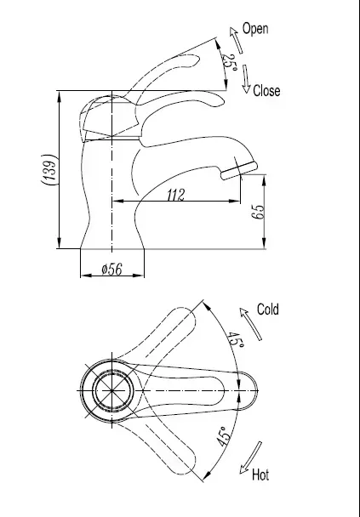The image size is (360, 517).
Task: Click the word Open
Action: (255, 29)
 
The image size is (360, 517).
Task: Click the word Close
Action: (266, 91)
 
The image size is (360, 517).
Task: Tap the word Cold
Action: (267, 310)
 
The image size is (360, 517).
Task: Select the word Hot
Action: (260, 474)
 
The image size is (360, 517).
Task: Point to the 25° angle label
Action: (230, 63)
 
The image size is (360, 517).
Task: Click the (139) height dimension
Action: (49, 170)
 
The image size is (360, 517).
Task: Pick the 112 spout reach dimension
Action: (175, 195)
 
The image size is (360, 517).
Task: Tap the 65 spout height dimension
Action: (258, 212)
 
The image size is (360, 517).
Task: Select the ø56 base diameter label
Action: (111, 269)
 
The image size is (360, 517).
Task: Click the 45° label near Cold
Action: (235, 340)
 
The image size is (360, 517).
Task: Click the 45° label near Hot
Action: (223, 436)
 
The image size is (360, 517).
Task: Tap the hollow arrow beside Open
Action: (236, 40)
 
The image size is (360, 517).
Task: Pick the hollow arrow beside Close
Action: (246, 79)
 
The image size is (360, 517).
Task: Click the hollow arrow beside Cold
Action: (250, 324)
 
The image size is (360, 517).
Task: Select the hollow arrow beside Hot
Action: (251, 457)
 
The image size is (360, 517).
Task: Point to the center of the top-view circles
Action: (111, 390)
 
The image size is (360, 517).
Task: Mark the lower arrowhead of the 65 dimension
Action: (264, 243)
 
